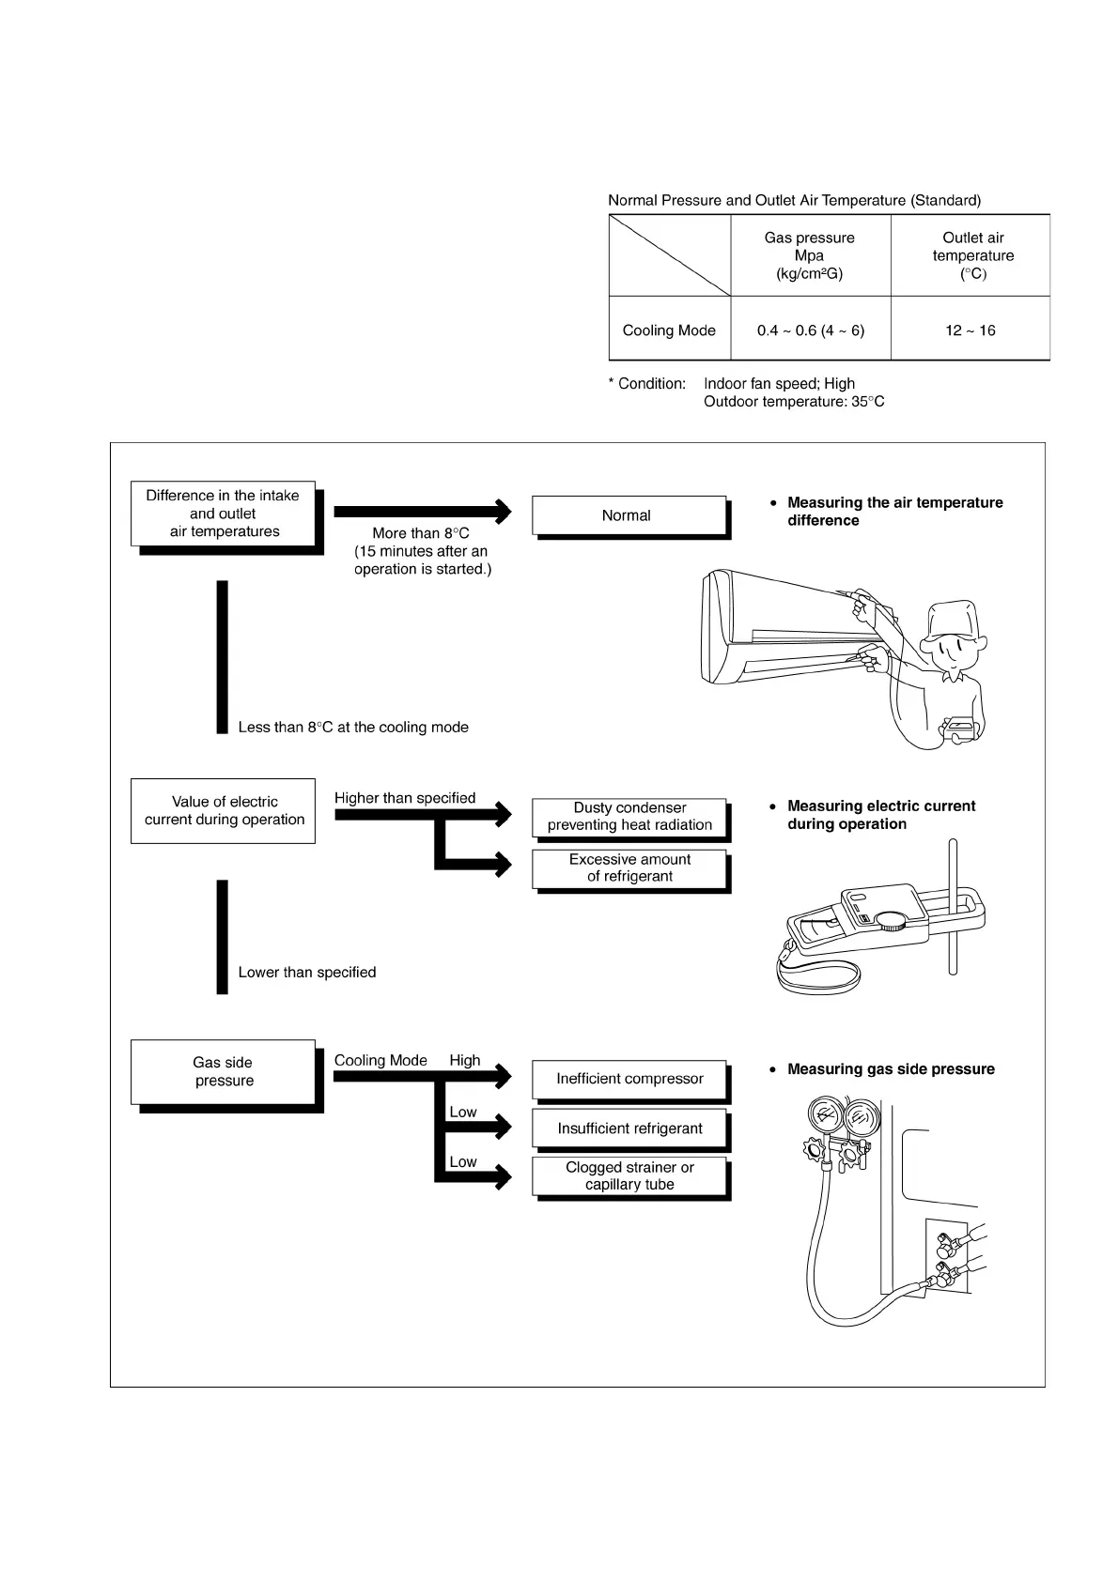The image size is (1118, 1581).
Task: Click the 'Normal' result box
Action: [x=628, y=515]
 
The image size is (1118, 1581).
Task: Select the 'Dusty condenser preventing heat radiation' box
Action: [x=629, y=817]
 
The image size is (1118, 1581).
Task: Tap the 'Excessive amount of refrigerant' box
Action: [x=629, y=867]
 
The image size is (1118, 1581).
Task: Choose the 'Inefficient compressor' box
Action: [x=629, y=1079]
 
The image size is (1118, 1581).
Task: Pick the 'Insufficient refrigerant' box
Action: [x=629, y=1128]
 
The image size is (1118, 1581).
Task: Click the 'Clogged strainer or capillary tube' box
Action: [x=629, y=1176]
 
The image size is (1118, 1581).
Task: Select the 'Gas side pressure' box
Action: [x=224, y=1071]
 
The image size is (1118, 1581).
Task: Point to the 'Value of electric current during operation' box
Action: [x=224, y=810]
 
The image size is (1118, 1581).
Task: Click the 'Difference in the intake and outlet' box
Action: [x=224, y=514]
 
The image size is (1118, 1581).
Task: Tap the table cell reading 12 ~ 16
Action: [x=970, y=330]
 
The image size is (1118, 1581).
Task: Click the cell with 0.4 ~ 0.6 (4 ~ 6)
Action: [x=810, y=330]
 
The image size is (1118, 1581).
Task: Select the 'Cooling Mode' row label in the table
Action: [x=669, y=330]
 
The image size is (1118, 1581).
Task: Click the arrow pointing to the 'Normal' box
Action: [x=423, y=512]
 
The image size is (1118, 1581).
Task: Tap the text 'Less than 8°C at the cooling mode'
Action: [x=353, y=728]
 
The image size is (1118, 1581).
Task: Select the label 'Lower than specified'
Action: [x=307, y=973]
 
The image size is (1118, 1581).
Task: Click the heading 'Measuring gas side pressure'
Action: [x=890, y=1069]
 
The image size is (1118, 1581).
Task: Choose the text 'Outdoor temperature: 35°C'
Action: [x=794, y=402]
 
